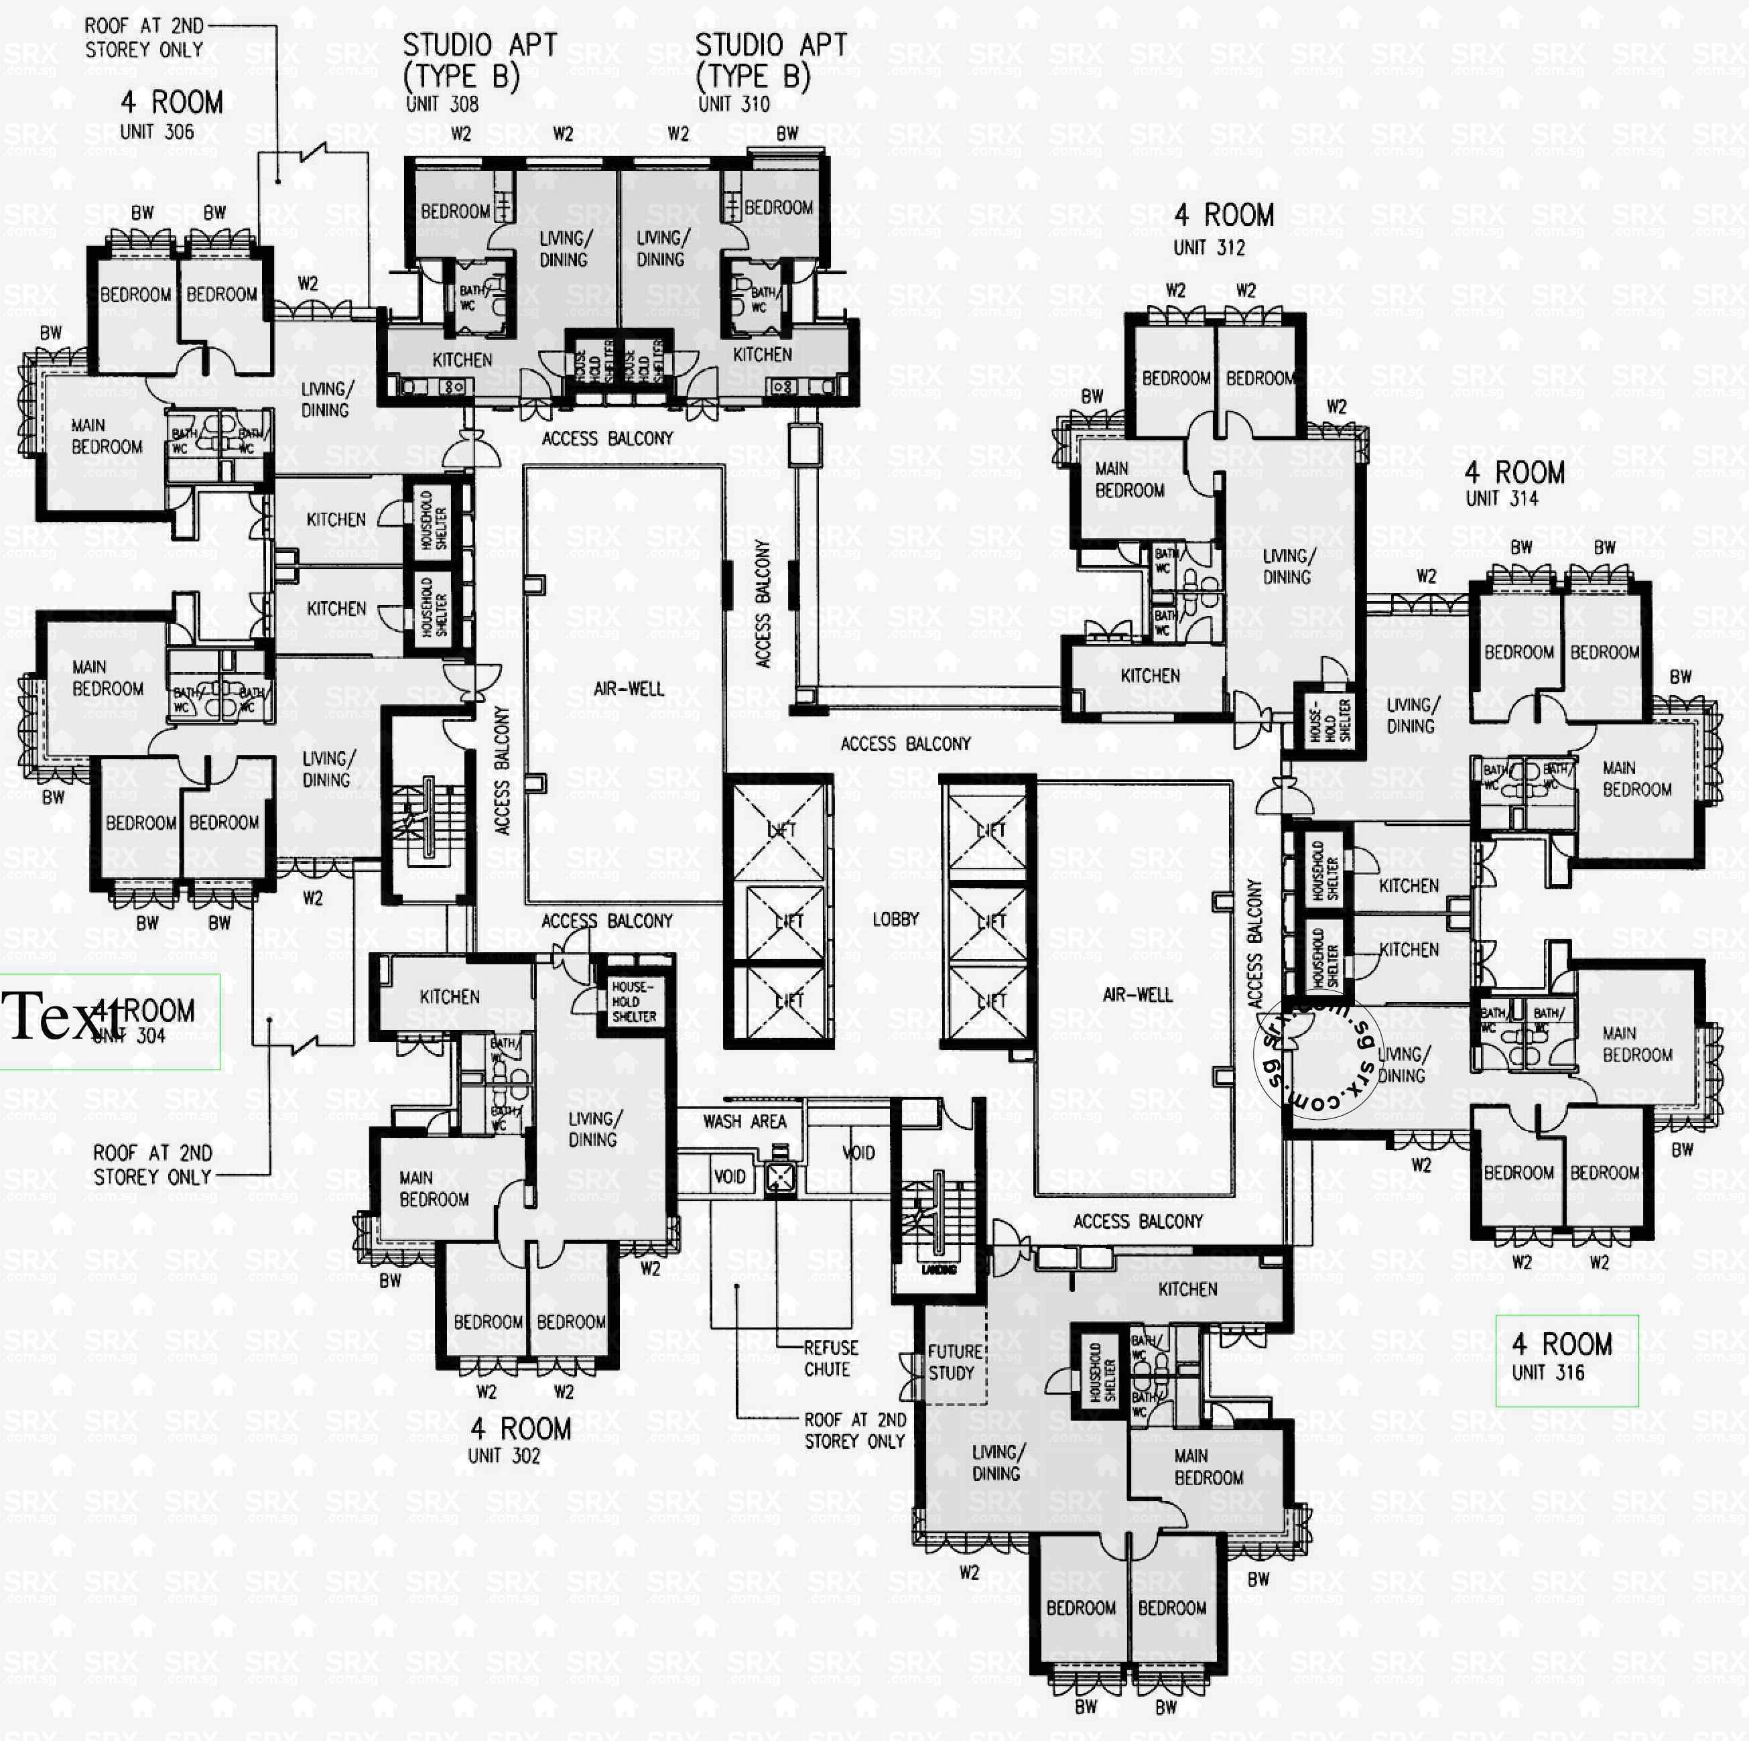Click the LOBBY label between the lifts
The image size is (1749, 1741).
click(x=895, y=919)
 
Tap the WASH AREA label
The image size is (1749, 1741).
click(x=744, y=1122)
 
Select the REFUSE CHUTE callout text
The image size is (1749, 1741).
click(x=830, y=1358)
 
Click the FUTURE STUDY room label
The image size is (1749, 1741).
click(x=954, y=1362)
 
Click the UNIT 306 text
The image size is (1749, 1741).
click(x=157, y=132)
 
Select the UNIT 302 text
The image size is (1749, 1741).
click(x=503, y=1456)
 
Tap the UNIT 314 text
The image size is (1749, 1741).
click(x=1501, y=498)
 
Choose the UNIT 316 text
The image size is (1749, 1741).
click(x=1548, y=1372)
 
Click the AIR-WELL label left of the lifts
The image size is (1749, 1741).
click(x=629, y=689)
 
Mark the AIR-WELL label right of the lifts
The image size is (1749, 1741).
click(x=1137, y=995)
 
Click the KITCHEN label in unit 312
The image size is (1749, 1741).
click(x=1150, y=675)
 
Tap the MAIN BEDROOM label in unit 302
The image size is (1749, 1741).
click(x=434, y=1189)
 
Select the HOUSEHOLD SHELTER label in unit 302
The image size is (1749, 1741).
click(x=634, y=1001)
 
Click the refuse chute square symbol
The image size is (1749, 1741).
click(x=781, y=1176)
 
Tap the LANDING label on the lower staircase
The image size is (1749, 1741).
click(x=939, y=1270)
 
